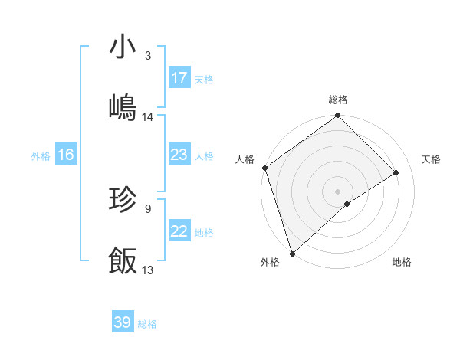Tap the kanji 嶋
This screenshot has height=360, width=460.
(x=123, y=107)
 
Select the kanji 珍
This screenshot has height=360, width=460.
(x=123, y=200)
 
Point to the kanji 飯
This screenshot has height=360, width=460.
(x=123, y=260)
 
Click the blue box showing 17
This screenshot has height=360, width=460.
(x=179, y=78)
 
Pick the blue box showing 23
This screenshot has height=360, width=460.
(x=179, y=155)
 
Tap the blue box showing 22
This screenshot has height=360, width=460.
(x=179, y=231)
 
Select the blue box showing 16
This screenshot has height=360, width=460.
(x=66, y=155)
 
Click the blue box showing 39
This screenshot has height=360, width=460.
(x=123, y=322)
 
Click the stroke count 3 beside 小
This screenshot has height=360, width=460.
(x=148, y=56)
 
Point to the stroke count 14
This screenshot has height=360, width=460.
(x=148, y=117)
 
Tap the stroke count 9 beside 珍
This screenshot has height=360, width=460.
(x=148, y=208)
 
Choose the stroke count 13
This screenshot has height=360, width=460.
(x=148, y=270)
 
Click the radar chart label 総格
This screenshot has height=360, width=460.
(x=338, y=100)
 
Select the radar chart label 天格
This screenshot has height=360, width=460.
(x=432, y=159)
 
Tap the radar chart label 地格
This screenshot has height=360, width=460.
(x=402, y=263)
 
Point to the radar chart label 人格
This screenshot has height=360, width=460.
(x=245, y=159)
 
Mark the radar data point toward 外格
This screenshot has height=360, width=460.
(x=291, y=252)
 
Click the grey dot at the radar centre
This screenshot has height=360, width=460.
(x=337, y=191)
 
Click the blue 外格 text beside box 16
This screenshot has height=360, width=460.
(x=41, y=155)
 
